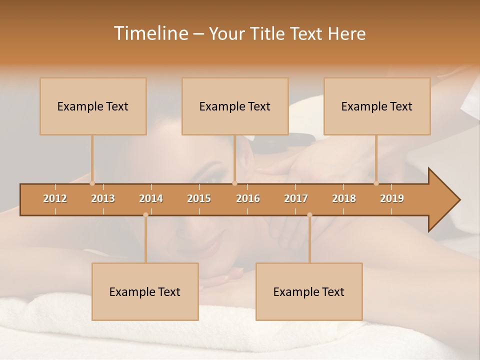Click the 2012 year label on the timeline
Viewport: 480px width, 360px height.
pyautogui.click(x=55, y=198)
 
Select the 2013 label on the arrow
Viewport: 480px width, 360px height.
pyautogui.click(x=103, y=198)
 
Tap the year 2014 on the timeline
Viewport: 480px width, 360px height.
pyautogui.click(x=151, y=198)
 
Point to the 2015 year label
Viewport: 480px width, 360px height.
pyautogui.click(x=199, y=198)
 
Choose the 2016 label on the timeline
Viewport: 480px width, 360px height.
pyautogui.click(x=248, y=198)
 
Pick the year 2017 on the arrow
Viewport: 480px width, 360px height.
pyautogui.click(x=296, y=198)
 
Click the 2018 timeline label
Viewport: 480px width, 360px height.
pyautogui.click(x=344, y=198)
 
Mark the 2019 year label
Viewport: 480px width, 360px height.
pyautogui.click(x=392, y=198)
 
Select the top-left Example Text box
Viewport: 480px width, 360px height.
pyautogui.click(x=93, y=106)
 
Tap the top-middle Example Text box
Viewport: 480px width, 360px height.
pyautogui.click(x=235, y=106)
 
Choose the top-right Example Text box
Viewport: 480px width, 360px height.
pyautogui.click(x=377, y=106)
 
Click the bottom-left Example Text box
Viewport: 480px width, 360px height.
pyautogui.click(x=145, y=292)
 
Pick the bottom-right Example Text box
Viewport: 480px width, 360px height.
pyautogui.click(x=309, y=292)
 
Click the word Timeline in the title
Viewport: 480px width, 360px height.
pyautogui.click(x=150, y=33)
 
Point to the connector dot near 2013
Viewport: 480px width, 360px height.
pyautogui.click(x=92, y=183)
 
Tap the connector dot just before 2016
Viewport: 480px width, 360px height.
pyautogui.click(x=234, y=183)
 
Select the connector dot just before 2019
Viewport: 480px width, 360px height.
pyautogui.click(x=376, y=183)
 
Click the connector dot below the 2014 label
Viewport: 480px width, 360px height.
pyautogui.click(x=145, y=215)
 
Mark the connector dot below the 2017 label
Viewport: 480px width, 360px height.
pyautogui.click(x=309, y=215)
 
